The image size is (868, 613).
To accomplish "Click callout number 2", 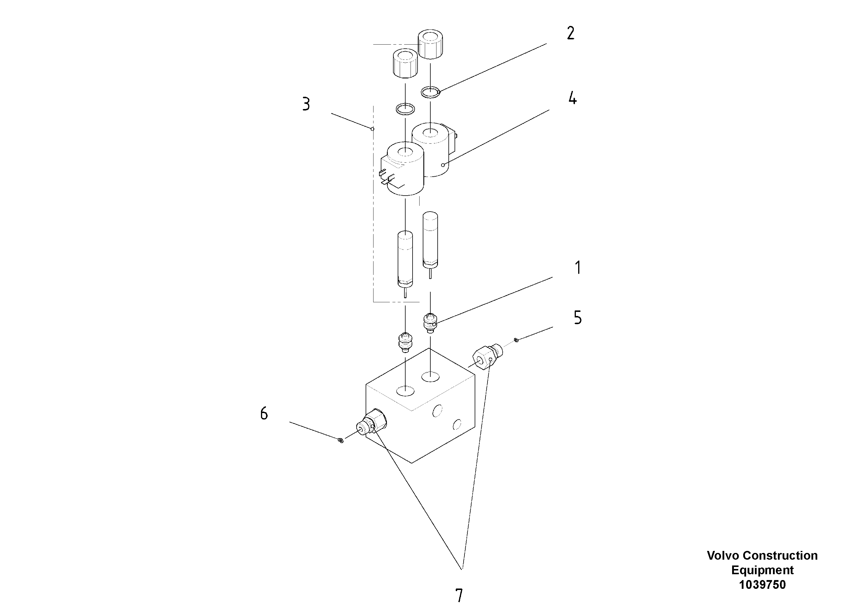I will click(x=571, y=33).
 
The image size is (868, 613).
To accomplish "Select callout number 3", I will click(x=306, y=104).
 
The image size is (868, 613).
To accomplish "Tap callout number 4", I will click(x=572, y=98).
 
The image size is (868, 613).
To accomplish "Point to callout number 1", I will click(x=578, y=268).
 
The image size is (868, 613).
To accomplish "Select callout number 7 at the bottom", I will click(x=459, y=596).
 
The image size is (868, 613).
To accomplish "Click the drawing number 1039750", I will click(x=762, y=585).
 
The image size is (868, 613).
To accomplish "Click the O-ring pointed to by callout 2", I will click(x=430, y=92).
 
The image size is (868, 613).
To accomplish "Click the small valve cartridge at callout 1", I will click(x=429, y=323).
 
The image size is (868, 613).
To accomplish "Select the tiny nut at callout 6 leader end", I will click(x=340, y=440).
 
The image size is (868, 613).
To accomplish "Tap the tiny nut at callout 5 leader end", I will click(x=516, y=340).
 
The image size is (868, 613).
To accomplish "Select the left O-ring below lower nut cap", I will click(x=405, y=109).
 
